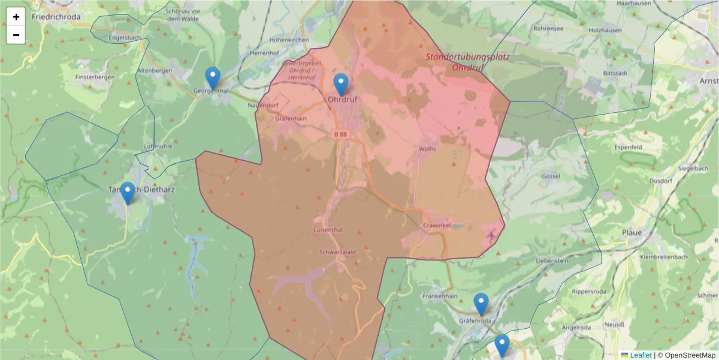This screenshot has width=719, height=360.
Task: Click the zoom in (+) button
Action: tap(16, 17)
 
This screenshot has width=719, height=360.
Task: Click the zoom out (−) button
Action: tap(16, 35)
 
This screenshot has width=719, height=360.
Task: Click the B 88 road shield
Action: tap(340, 134)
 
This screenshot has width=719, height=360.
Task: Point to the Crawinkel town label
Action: tap(436, 225)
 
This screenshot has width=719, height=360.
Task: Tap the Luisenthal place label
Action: tap(328, 230)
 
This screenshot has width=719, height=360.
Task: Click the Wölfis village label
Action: tap(428, 148)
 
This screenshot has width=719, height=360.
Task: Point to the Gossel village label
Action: tap(551, 176)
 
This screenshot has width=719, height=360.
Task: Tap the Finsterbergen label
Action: tap(95, 77)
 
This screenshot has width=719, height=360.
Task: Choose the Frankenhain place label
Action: tap(440, 296)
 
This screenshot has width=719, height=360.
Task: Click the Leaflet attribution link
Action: tap(640, 355)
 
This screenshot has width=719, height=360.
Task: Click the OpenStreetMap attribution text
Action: tap(686, 355)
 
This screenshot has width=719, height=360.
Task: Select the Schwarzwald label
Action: tap(338, 252)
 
